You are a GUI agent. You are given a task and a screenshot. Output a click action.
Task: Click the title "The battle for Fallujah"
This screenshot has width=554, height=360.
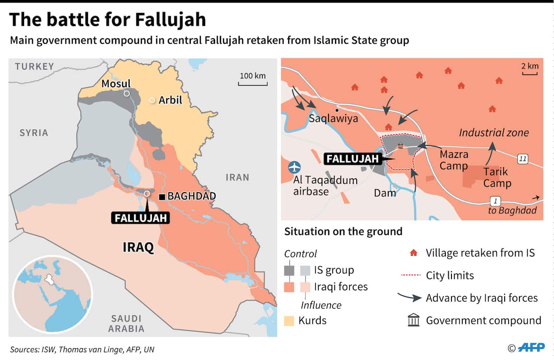point(107,19)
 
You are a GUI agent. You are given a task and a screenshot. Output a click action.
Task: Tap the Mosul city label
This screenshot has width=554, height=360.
point(116,84)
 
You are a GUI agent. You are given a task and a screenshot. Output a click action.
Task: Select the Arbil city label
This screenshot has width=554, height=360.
point(170,100)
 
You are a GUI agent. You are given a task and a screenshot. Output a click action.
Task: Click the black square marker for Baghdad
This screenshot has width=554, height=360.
point(162,197)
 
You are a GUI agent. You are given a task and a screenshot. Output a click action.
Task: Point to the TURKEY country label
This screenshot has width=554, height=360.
point(35,66)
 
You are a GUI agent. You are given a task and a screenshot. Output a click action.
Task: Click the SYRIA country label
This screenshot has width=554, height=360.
point(34,132)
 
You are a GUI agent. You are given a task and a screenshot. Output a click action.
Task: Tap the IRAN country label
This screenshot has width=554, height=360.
point(237,177)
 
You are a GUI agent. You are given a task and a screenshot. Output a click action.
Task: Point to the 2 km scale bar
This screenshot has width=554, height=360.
point(529,73)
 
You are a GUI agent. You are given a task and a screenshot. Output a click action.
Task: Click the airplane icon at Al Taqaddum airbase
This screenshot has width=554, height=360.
point(295,167)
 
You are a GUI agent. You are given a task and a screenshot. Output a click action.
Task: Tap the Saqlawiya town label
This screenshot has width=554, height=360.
point(333,118)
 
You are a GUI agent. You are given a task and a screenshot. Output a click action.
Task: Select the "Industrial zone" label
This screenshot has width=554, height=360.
point(493,132)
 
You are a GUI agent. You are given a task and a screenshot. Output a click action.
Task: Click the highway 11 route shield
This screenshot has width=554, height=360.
point(523,159)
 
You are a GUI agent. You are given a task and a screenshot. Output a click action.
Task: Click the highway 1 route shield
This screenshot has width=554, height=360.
point(495,201)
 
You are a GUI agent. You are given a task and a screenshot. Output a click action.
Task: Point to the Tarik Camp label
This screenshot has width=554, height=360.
point(497,177)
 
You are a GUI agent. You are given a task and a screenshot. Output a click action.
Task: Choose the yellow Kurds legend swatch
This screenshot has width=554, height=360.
point(289,321)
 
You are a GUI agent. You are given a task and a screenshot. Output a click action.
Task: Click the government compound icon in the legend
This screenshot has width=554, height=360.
point(414,321)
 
